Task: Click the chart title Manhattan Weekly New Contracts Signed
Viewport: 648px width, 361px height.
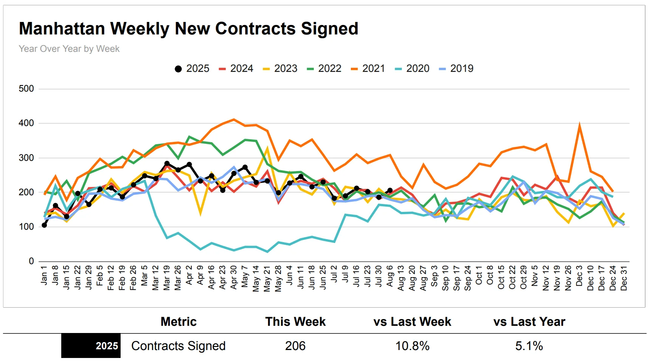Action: point(188,29)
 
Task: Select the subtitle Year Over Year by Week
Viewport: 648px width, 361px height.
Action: point(69,49)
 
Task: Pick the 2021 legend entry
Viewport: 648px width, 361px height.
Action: point(368,68)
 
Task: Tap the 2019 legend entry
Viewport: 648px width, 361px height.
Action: point(456,68)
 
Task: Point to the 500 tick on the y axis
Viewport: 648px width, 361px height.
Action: point(26,89)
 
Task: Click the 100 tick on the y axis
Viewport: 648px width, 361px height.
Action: point(26,227)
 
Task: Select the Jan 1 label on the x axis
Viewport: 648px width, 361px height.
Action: point(44,275)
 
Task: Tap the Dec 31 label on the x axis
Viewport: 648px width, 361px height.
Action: point(624,278)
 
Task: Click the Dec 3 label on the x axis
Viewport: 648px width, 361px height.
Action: point(579,276)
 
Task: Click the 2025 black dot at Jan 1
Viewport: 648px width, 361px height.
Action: point(44,225)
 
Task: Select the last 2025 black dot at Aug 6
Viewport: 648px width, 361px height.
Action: point(390,190)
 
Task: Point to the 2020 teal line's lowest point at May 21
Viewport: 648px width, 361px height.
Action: point(267,252)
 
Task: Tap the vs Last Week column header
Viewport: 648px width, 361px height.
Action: point(412,322)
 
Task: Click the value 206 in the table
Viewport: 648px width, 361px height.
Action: point(295,346)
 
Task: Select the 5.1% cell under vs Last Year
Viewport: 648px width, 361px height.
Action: point(529,346)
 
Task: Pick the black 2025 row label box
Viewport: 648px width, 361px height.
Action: point(91,346)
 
